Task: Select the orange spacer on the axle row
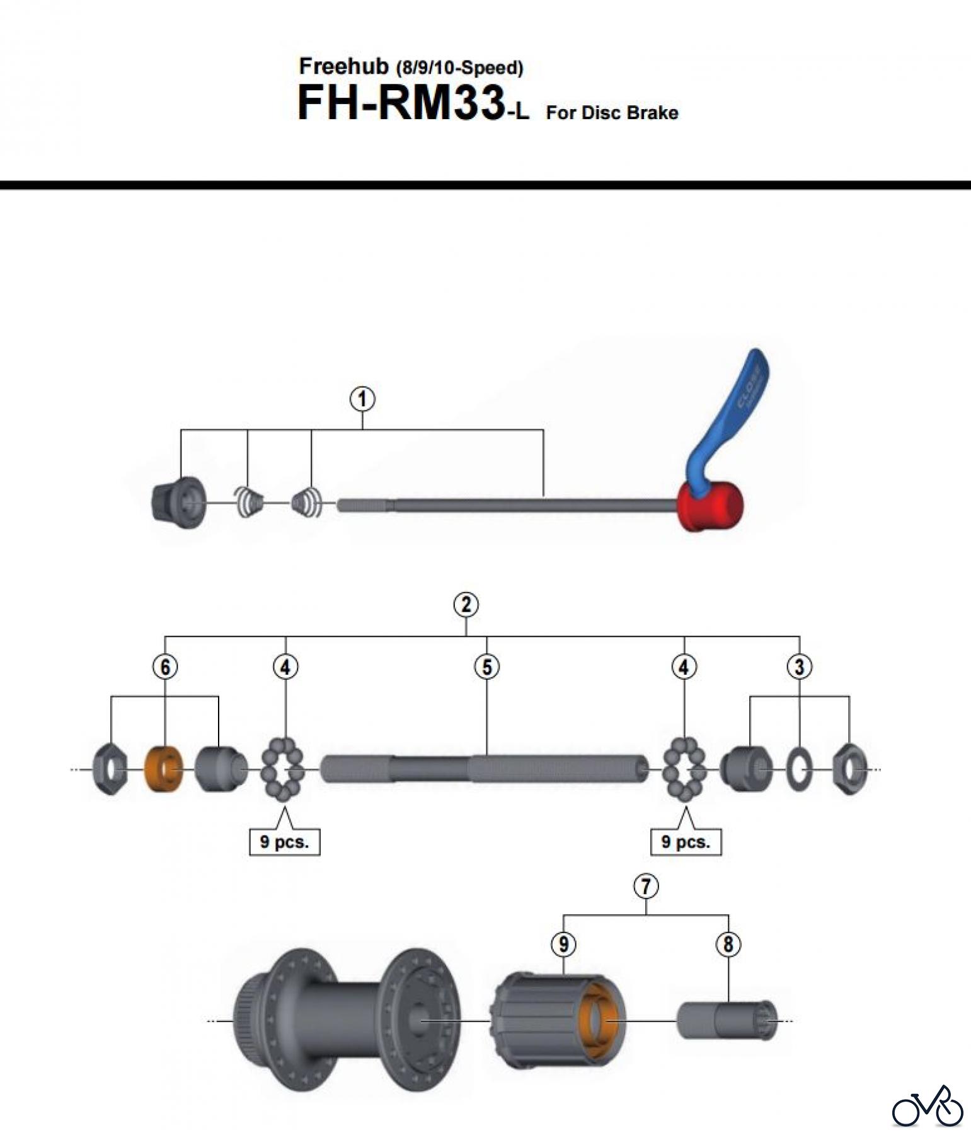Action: click(164, 769)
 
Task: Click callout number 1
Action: click(362, 399)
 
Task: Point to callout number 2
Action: click(466, 605)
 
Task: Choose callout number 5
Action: click(487, 666)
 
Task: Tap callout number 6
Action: click(165, 666)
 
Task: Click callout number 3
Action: click(799, 666)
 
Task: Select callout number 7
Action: click(646, 886)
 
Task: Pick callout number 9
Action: click(563, 944)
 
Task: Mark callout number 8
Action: click(728, 944)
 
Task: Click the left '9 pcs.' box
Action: click(284, 842)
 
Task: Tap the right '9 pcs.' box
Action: click(686, 842)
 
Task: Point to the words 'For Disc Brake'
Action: click(612, 113)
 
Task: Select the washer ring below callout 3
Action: click(798, 770)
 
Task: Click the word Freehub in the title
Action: click(343, 66)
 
